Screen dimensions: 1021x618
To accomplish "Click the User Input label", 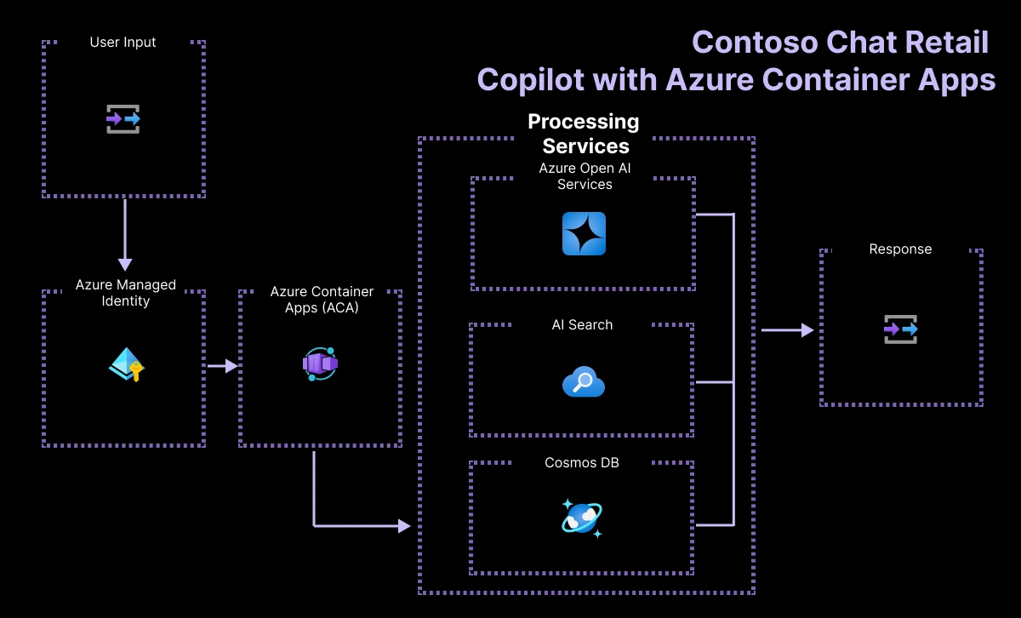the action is click(123, 43).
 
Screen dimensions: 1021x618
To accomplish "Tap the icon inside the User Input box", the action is click(123, 119).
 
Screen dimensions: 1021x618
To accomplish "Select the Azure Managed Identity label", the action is click(125, 293).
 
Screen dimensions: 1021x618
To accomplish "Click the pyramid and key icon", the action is click(126, 364).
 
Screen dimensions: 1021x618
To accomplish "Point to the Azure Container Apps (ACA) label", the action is click(322, 300).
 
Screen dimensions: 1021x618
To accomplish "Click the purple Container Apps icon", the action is click(320, 364).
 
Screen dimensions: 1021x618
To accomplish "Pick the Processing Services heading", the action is click(584, 134).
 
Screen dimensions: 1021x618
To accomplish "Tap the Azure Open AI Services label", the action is click(585, 176).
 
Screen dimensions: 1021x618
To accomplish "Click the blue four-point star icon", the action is click(584, 233).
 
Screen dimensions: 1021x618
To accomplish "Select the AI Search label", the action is click(582, 324).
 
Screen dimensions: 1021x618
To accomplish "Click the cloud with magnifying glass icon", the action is click(584, 381).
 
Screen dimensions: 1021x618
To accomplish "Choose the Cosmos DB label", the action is click(582, 462).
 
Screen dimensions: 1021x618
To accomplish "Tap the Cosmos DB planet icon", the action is click(582, 518).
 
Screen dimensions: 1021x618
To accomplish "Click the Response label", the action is click(900, 249).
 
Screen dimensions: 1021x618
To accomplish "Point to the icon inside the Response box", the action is click(901, 329).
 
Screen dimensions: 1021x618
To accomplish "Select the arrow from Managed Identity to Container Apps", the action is click(223, 366).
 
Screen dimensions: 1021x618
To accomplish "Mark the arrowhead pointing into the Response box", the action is click(807, 329).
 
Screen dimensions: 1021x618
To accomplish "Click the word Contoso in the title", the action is click(756, 43).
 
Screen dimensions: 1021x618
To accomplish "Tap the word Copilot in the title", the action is click(531, 80).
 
